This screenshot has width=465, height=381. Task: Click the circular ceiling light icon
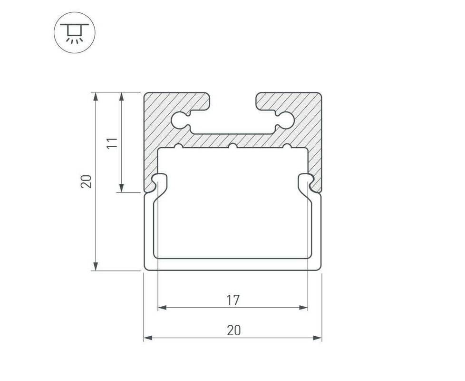click(75, 32)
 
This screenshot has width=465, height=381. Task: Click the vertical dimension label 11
click(112, 143)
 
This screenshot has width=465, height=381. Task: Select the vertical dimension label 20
click(86, 181)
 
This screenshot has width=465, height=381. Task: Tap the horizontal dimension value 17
click(233, 300)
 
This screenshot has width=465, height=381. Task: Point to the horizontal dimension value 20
click(233, 330)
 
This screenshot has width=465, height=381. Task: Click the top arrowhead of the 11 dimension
click(121, 97)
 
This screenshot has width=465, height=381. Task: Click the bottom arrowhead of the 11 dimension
click(121, 188)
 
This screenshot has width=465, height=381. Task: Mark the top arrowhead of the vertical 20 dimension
click(96, 97)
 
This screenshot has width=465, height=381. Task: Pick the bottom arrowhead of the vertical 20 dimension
click(96, 266)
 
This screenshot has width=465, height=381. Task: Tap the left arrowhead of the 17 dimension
click(162, 308)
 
